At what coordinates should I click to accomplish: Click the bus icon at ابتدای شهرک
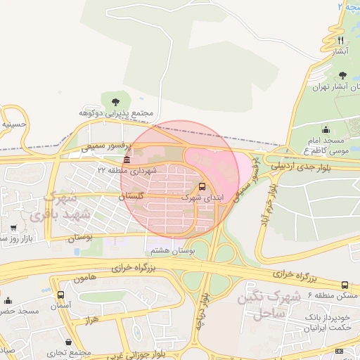coord(202,187)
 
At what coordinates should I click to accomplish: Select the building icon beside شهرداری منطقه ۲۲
coord(127,160)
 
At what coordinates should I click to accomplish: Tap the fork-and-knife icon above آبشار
coord(341,40)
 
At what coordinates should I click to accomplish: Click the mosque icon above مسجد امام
coord(325,129)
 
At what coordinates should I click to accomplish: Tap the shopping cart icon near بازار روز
coord(14,228)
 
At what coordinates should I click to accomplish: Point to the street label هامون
coord(82,279)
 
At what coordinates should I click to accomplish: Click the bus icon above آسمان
coord(60,295)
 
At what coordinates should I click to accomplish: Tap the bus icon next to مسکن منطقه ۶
coord(345,285)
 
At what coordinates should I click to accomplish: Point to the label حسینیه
coord(14,124)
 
